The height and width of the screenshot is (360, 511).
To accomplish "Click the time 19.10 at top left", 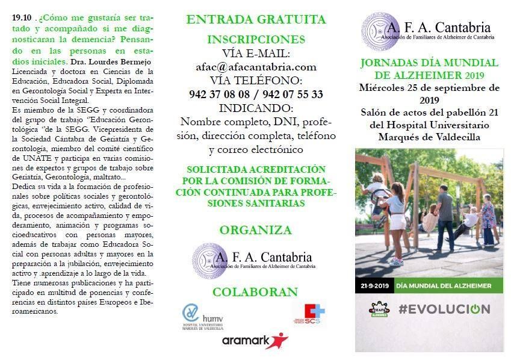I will (20, 17).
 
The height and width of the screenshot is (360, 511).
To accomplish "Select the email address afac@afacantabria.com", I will (256, 67).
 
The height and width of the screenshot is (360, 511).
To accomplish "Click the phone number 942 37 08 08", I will (218, 95).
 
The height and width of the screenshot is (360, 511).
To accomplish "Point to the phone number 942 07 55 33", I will (293, 95).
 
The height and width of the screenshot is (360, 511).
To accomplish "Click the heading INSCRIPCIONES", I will (256, 40).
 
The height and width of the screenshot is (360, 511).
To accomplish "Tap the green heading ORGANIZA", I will (256, 230).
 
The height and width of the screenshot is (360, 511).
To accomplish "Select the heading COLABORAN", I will (255, 293).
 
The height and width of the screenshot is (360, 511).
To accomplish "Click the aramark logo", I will (255, 340).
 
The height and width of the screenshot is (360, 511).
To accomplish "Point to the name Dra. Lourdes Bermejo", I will (111, 62).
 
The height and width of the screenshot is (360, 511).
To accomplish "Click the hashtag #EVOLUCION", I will (444, 309).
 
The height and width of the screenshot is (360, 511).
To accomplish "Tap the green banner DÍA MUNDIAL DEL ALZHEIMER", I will (444, 285).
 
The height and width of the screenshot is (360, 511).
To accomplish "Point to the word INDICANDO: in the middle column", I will (256, 108).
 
